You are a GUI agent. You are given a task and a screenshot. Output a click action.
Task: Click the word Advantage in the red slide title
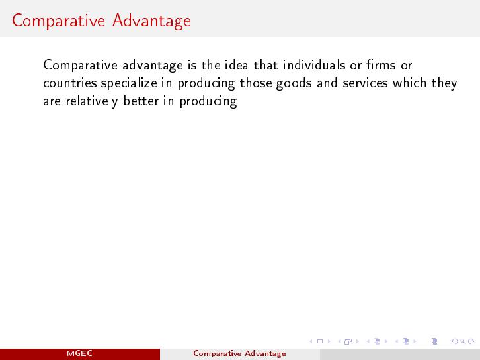(x=151, y=21)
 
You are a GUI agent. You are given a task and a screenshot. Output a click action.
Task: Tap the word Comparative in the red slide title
(x=58, y=21)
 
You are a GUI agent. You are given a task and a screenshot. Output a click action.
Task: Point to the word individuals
(x=314, y=65)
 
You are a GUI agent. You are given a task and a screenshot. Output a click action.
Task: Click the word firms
(x=381, y=65)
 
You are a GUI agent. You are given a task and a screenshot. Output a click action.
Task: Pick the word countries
(x=70, y=83)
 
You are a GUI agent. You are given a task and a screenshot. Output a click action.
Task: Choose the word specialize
(x=129, y=83)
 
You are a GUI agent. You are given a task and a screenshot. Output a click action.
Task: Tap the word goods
(x=294, y=83)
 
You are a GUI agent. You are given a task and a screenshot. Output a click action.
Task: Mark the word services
(x=365, y=83)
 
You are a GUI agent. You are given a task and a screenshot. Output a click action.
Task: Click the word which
(x=410, y=83)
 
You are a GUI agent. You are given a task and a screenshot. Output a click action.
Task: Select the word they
(x=444, y=83)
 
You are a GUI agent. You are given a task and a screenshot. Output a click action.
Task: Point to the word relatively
(x=92, y=101)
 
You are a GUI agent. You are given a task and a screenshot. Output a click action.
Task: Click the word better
(x=141, y=101)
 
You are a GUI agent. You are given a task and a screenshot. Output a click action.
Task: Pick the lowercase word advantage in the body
(x=153, y=66)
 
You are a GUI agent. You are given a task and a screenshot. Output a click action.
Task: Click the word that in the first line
(x=266, y=65)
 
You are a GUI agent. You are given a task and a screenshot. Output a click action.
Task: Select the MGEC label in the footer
(x=79, y=353)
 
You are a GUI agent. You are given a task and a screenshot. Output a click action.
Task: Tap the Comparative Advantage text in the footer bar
(x=240, y=354)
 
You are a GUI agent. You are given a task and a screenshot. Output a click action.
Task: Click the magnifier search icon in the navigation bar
(x=463, y=341)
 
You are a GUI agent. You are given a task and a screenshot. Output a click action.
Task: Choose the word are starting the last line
(x=52, y=101)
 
